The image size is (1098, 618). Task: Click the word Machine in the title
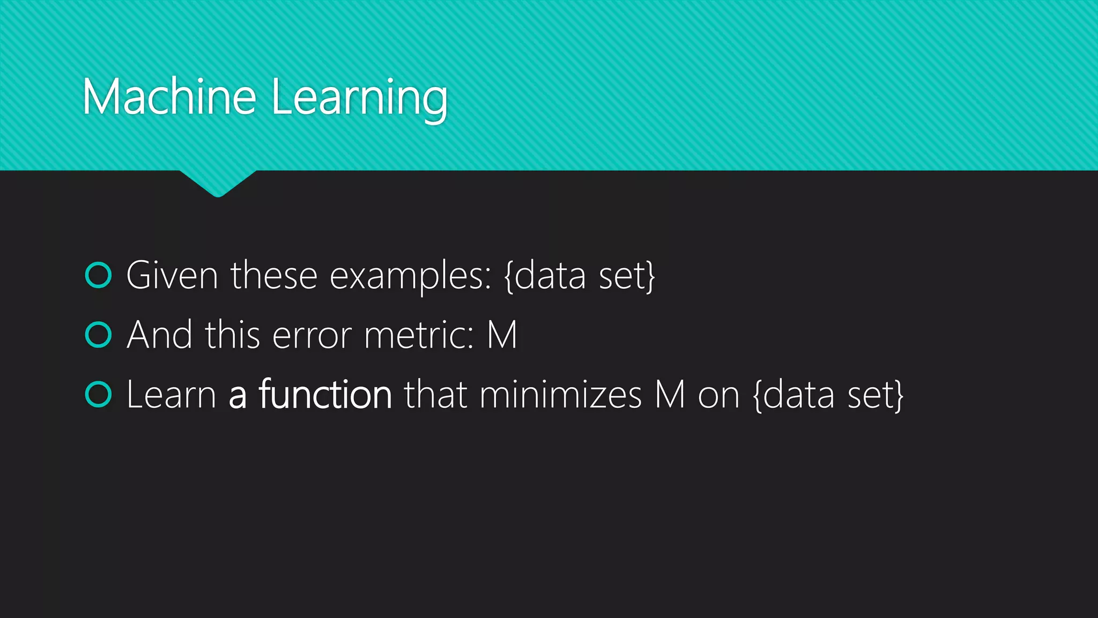(169, 97)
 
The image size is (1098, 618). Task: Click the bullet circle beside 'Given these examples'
(99, 275)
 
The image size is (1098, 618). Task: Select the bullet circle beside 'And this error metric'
(99, 335)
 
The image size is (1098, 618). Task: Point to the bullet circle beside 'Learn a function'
(99, 394)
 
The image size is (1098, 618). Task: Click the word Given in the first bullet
(172, 276)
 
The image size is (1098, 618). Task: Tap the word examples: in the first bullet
(410, 277)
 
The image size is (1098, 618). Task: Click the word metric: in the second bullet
(419, 335)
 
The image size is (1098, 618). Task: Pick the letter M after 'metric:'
(502, 335)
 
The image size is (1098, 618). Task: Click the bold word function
(325, 394)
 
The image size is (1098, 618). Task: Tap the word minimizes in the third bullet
(560, 395)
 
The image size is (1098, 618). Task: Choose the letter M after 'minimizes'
(670, 395)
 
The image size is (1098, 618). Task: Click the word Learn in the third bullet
(171, 395)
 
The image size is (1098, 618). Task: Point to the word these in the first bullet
(274, 276)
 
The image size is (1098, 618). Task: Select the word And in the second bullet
(159, 335)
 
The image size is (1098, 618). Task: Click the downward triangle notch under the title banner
(218, 183)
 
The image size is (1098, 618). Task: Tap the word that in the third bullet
(435, 395)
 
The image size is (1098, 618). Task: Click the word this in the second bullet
(232, 335)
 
